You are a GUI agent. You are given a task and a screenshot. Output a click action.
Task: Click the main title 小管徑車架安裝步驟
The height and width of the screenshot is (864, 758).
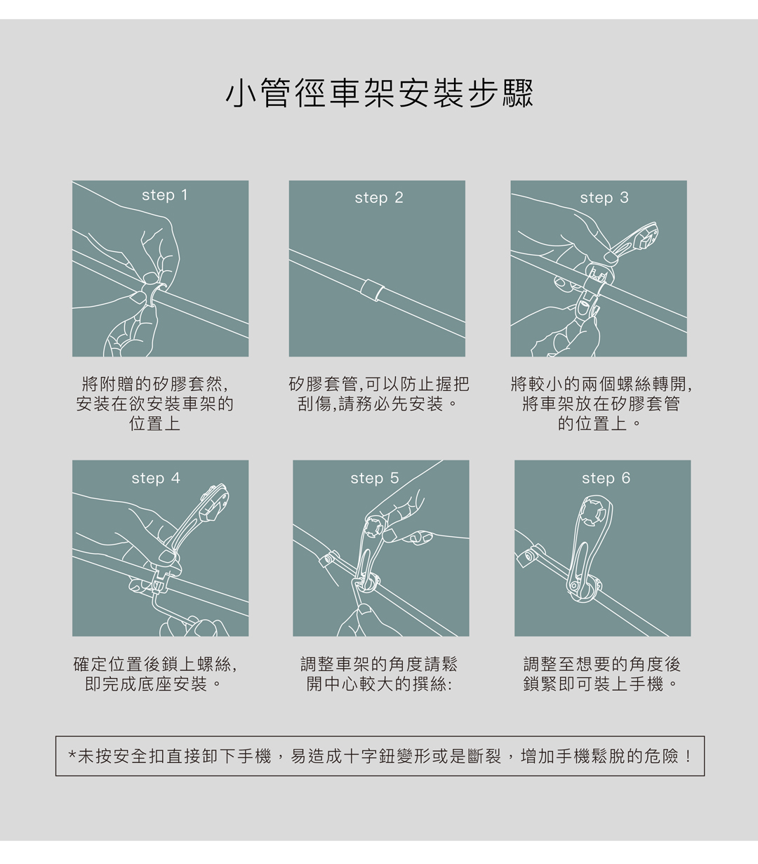pos(379,93)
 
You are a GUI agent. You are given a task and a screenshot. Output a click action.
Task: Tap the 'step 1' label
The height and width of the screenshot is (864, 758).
pos(165,195)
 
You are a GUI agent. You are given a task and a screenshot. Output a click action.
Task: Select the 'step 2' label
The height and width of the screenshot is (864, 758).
pos(379,198)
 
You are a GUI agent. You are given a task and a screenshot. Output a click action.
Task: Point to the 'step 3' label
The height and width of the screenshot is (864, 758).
pos(604,198)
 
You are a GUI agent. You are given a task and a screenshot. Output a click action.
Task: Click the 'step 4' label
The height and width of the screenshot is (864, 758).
pos(156,479)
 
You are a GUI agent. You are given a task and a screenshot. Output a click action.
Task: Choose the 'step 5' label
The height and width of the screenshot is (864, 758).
pos(375,479)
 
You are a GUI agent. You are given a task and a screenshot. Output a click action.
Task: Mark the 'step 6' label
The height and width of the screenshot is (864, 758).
pos(606,479)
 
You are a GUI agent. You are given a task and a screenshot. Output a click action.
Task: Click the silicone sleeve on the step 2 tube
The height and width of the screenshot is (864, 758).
pos(372,290)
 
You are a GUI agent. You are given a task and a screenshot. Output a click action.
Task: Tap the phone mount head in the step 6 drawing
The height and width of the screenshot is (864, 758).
pos(595,511)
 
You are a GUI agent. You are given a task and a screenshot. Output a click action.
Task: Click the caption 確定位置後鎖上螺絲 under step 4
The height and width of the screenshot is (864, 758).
pos(151,664)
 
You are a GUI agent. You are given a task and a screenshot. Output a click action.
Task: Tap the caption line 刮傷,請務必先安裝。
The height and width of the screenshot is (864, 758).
pos(378,404)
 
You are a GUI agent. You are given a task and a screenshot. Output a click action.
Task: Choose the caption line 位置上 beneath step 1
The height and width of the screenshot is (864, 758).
pos(155,423)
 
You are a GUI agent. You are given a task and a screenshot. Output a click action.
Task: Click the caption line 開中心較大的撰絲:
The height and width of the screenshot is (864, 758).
pos(379,684)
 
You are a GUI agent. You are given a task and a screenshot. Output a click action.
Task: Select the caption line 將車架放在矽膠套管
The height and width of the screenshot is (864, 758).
pos(601,404)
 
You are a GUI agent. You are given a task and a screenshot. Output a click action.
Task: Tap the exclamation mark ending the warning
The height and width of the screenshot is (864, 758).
pos(689,757)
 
